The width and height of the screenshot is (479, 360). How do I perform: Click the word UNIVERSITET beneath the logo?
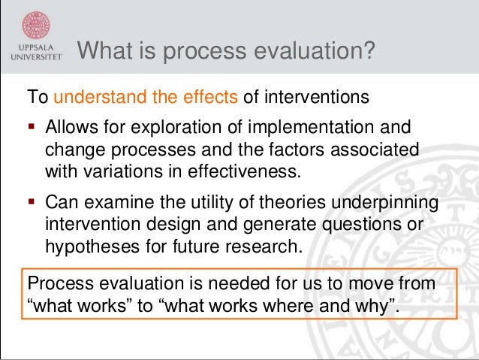(x=35, y=56)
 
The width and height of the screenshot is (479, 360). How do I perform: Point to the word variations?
(x=120, y=170)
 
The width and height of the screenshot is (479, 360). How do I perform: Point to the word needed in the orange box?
(x=228, y=285)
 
